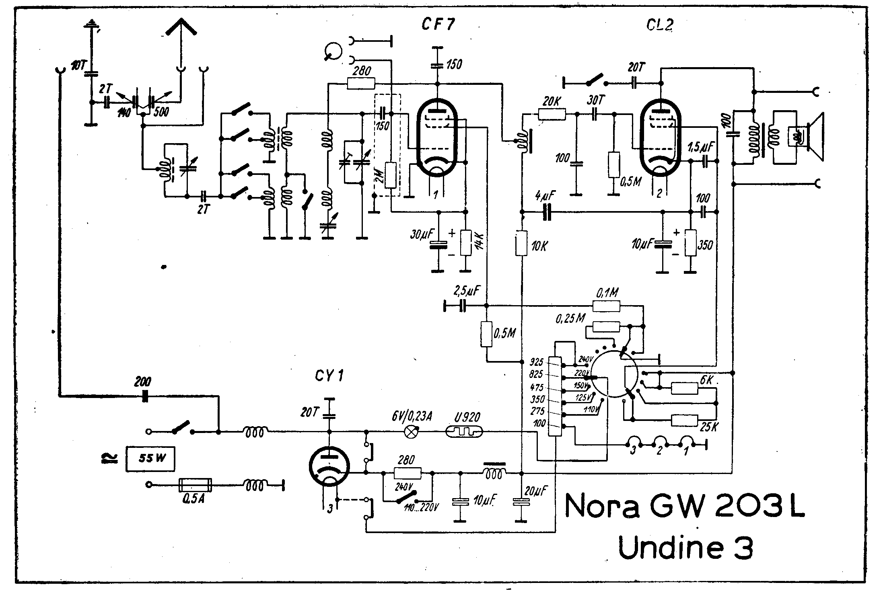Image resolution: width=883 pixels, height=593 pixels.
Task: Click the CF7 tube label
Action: pyautogui.click(x=438, y=25)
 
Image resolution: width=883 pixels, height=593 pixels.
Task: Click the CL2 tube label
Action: pyautogui.click(x=660, y=25)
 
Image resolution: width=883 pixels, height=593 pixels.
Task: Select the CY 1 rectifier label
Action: pyautogui.click(x=329, y=376)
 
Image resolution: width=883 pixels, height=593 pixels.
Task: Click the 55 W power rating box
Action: pyautogui.click(x=150, y=459)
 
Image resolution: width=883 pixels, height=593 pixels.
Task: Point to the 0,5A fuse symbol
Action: pyautogui.click(x=195, y=485)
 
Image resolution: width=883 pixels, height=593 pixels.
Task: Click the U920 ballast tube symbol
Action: pyautogui.click(x=464, y=432)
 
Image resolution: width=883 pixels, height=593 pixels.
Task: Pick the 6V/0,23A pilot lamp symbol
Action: pyautogui.click(x=411, y=432)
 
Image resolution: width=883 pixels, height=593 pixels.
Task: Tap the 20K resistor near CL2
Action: pyautogui.click(x=552, y=115)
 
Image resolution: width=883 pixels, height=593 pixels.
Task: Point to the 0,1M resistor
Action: pyautogui.click(x=607, y=306)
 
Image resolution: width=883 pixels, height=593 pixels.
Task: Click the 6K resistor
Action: pyautogui.click(x=684, y=388)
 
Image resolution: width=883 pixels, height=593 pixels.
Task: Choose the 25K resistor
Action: pyautogui.click(x=684, y=421)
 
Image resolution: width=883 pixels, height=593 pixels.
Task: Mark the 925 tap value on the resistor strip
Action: pyautogui.click(x=537, y=361)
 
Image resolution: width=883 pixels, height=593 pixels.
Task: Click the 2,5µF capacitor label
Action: pyautogui.click(x=466, y=291)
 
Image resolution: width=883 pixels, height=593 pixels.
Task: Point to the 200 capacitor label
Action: pyautogui.click(x=143, y=381)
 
